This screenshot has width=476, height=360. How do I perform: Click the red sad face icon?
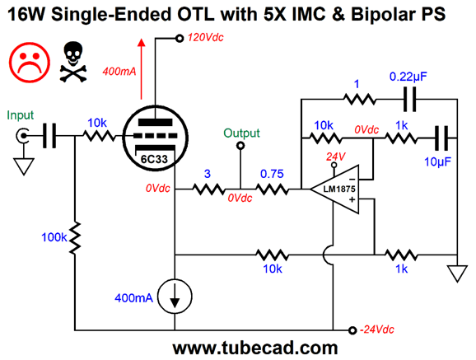tap(30, 63)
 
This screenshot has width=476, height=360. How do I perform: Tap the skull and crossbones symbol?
tap(73, 62)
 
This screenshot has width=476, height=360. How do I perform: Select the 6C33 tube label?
tap(154, 159)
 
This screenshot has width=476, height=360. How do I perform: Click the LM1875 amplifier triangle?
tap(334, 189)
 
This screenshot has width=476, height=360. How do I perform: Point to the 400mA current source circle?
tap(175, 297)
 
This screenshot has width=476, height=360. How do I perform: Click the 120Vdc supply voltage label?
tap(206, 38)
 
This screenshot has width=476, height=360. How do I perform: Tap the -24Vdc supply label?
tap(376, 330)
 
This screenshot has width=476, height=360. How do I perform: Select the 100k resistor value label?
tap(54, 237)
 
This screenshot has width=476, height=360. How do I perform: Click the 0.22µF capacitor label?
tap(408, 77)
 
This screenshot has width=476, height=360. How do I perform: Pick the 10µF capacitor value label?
tap(437, 162)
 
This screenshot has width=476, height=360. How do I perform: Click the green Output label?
tap(241, 133)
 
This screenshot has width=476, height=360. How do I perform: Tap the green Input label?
tap(20, 115)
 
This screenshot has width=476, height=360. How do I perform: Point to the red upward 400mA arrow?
tap(141, 69)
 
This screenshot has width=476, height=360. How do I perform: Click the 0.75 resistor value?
tap(272, 174)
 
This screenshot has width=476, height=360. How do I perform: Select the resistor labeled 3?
tap(208, 189)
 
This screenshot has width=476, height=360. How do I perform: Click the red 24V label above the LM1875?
tap(336, 157)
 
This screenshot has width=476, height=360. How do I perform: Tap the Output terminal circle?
tap(240, 146)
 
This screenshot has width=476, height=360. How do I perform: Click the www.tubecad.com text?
tap(255, 348)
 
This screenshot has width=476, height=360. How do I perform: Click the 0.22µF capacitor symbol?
tap(410, 100)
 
